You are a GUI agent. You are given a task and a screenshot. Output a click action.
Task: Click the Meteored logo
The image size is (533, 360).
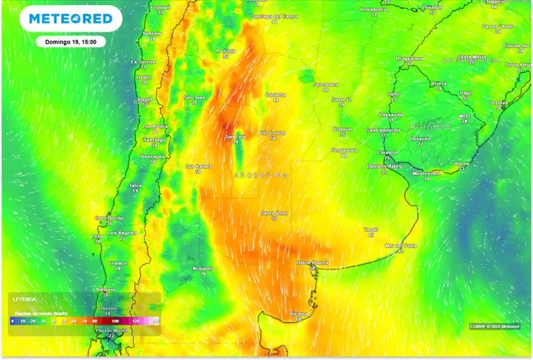(71, 19)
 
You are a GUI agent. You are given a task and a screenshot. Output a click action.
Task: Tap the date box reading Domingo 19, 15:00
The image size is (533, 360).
(71, 42)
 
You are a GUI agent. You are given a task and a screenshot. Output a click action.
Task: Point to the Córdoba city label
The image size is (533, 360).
(276, 95)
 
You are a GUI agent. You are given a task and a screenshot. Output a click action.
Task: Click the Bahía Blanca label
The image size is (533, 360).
(312, 263)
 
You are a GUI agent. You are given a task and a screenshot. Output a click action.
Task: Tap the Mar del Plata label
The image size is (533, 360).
(401, 245)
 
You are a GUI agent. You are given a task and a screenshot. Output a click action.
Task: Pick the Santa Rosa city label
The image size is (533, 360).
(274, 213)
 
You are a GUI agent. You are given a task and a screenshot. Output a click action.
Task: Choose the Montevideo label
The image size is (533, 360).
(426, 173)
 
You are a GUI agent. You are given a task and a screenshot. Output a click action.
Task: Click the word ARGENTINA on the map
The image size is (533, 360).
(261, 175)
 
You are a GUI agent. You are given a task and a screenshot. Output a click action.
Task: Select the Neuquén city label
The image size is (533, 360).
(203, 268)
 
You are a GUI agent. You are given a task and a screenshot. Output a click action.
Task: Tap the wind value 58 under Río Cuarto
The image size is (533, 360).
(273, 138)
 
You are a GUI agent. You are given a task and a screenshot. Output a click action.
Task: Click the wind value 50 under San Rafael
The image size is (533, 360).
(198, 171)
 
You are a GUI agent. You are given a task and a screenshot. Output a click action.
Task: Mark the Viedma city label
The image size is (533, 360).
(298, 314)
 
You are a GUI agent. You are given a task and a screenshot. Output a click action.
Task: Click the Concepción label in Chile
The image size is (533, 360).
(109, 218)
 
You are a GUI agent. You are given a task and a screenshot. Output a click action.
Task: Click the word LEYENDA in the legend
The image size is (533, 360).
(24, 300)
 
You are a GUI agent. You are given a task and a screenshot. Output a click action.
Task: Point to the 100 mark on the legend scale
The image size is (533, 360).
(115, 320)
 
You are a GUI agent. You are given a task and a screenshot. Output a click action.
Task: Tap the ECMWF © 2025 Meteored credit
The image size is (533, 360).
(494, 326)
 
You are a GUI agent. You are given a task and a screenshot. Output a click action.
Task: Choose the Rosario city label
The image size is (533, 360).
(342, 129)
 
